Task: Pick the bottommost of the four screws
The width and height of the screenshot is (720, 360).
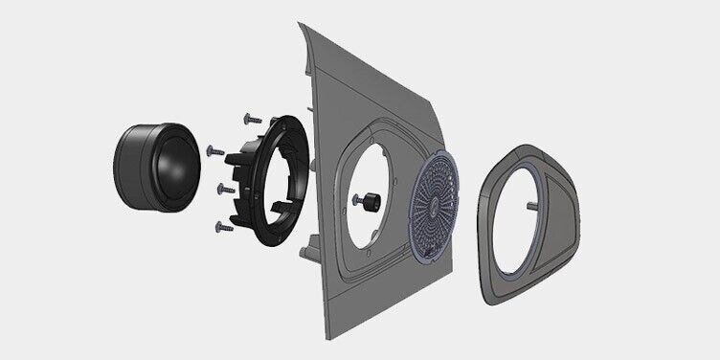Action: point(222,227)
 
